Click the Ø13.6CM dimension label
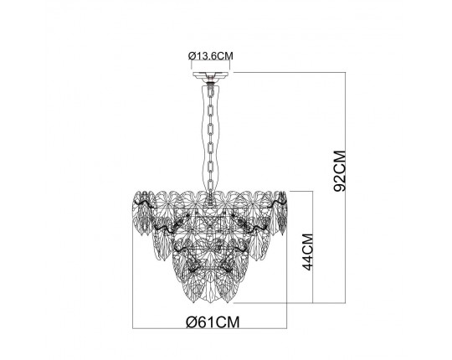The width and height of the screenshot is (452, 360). tap(210, 55)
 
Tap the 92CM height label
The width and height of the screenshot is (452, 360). tap(340, 171)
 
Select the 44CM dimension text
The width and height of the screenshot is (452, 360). tap(308, 252)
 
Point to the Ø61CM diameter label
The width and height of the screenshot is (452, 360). tap(213, 322)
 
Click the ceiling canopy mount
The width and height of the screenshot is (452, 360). tap(210, 75)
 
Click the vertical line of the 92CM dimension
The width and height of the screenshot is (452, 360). tap(345, 188)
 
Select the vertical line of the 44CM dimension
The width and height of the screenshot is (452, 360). tap(312, 247)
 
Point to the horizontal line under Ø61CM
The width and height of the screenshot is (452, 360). tap(209, 328)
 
